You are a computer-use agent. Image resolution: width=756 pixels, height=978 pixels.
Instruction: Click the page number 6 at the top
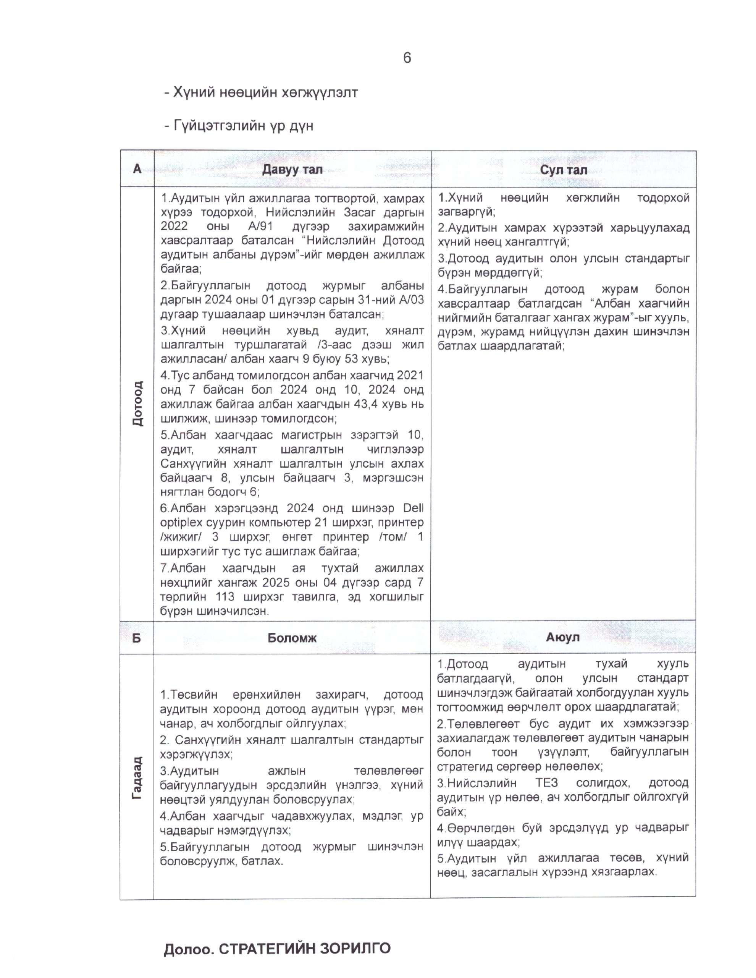tap(407, 58)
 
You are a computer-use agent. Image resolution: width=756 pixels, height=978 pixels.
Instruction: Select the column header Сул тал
tap(563, 170)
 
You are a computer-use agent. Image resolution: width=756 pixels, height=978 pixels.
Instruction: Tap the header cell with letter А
tap(137, 169)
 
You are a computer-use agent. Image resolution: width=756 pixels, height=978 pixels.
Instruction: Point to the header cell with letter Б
tap(137, 638)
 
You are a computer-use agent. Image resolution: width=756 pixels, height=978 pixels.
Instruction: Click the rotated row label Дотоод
tap(137, 403)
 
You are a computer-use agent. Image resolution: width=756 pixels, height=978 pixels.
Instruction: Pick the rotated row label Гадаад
tap(137, 778)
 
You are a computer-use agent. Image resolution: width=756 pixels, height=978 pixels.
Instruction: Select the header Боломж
tap(292, 638)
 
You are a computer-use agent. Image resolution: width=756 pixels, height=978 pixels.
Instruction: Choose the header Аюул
tap(563, 637)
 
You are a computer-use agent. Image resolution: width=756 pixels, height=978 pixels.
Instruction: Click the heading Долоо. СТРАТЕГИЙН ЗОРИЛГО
tap(276, 949)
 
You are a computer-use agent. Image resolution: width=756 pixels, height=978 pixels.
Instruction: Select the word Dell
tap(413, 508)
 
